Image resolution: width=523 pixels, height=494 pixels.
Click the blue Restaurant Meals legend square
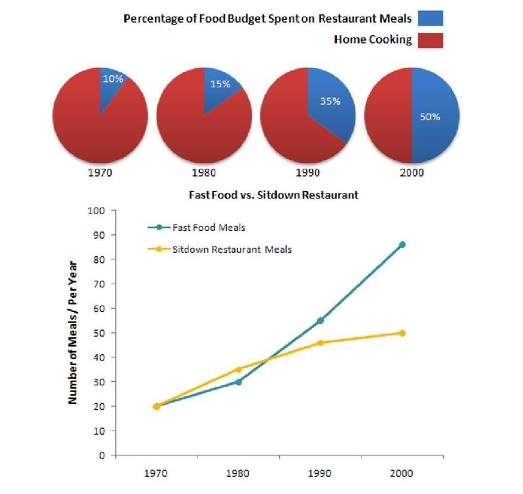pos(430,18)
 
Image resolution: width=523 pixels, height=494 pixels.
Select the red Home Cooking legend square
pos(430,40)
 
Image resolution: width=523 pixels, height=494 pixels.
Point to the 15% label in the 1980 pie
pos(219,84)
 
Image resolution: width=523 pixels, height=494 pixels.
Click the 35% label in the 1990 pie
pos(330,102)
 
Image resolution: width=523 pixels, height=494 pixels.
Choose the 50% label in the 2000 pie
pos(429,117)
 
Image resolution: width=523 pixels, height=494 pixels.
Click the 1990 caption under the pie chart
pos(307,172)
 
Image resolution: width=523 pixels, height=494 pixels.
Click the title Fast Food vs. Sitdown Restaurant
pos(273,194)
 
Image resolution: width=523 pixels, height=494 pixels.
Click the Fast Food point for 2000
pos(403,244)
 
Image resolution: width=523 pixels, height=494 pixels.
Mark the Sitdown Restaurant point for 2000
pos(403,332)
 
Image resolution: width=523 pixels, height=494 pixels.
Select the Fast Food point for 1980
pos(238,382)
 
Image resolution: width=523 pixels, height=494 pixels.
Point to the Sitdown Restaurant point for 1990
pos(320,342)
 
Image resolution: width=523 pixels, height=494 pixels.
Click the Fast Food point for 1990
pos(320,320)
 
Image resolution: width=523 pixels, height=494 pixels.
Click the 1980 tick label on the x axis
pos(238,473)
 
